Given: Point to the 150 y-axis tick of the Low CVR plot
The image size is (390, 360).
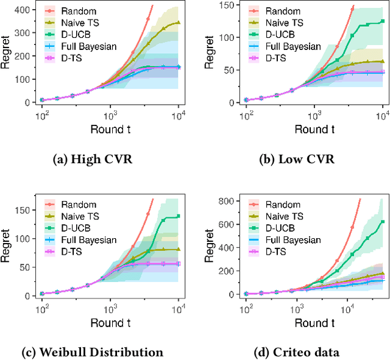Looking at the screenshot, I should tap(231, 5).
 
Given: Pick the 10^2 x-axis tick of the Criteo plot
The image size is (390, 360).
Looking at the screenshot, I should tap(246, 309).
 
